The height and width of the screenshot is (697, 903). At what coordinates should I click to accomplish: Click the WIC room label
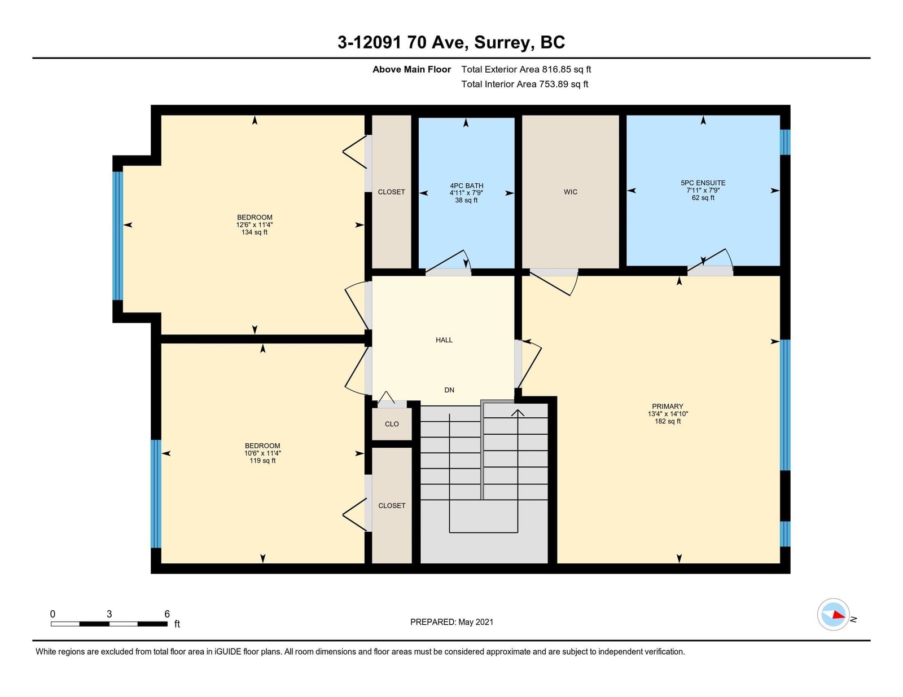[x=570, y=192]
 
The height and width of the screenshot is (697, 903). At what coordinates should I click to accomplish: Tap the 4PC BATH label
[x=466, y=186]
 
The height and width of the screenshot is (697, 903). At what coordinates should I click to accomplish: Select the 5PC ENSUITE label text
[x=703, y=183]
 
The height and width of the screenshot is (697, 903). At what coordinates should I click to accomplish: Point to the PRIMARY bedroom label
[x=668, y=407]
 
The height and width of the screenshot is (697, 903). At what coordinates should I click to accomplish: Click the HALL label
[x=444, y=340]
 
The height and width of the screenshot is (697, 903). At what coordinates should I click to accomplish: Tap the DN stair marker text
[x=449, y=390]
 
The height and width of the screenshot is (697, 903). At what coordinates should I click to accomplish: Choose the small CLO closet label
[x=392, y=424]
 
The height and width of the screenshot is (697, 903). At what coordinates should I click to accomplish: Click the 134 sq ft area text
[x=255, y=232]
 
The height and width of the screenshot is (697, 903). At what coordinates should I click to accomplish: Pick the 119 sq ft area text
[x=262, y=460]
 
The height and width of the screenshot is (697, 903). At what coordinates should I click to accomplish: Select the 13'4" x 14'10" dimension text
[x=668, y=414]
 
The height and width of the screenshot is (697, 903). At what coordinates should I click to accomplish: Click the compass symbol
[x=833, y=615]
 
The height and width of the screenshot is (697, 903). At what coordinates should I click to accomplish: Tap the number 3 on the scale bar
[x=109, y=614]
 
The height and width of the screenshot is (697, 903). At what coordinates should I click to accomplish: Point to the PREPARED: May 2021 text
[x=451, y=622]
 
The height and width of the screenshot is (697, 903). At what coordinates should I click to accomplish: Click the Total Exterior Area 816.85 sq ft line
[x=526, y=69]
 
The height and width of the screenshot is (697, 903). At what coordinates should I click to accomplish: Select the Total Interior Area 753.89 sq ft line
[x=525, y=84]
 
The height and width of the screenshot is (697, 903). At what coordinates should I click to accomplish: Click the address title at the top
[x=451, y=42]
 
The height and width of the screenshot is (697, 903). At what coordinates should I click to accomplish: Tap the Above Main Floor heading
[x=411, y=69]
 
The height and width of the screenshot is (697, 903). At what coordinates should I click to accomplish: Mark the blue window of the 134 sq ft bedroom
[x=118, y=236]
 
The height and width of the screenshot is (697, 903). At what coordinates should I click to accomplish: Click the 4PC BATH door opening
[x=448, y=272]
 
